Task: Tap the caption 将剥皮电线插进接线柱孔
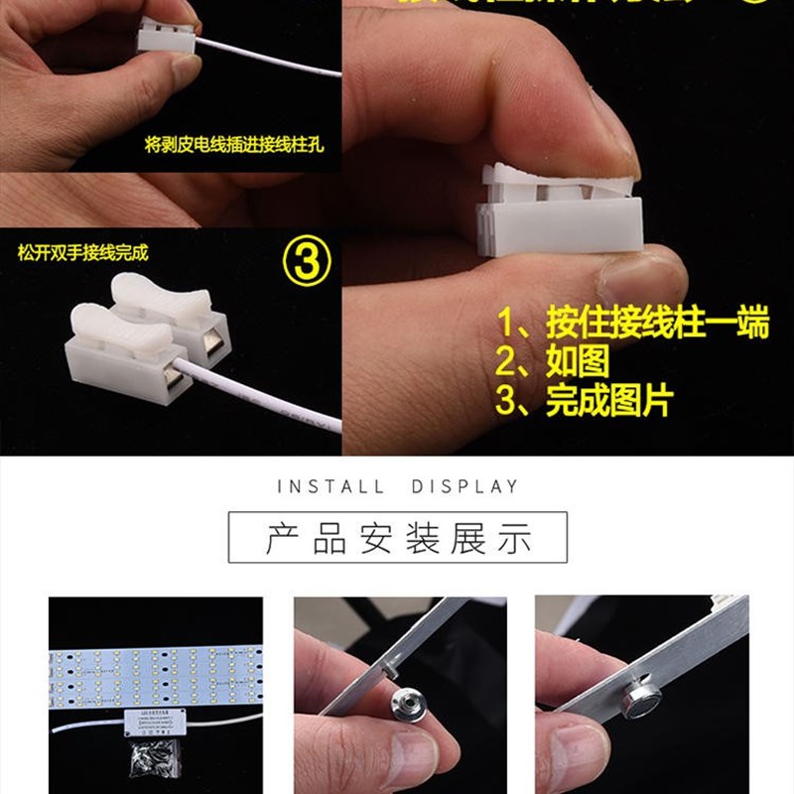234,144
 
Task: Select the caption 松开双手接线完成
82,252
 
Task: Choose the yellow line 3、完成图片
585,400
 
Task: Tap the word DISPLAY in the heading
464,486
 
